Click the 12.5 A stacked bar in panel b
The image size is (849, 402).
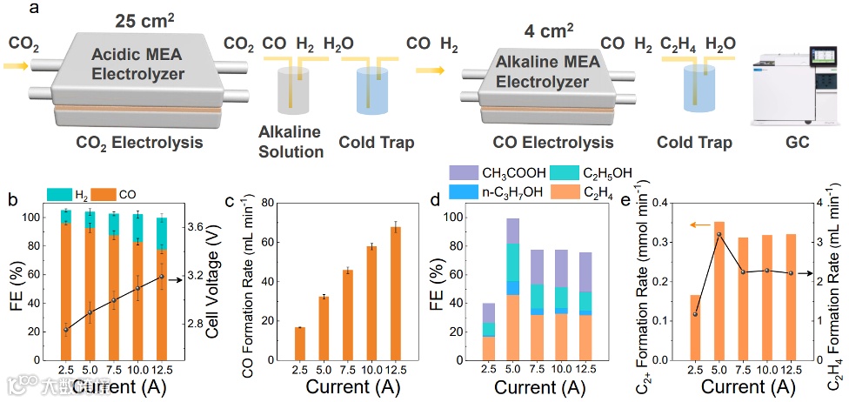(x=162, y=287)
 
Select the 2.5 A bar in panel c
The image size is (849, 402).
(x=299, y=343)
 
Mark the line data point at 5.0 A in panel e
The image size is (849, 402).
(x=719, y=235)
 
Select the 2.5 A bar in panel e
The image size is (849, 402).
(x=696, y=327)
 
